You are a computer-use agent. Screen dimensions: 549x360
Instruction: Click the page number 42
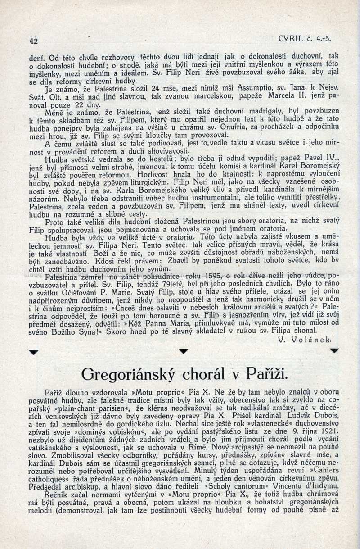coord(32,40)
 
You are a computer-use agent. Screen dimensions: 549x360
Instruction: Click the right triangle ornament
coord(333,350)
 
